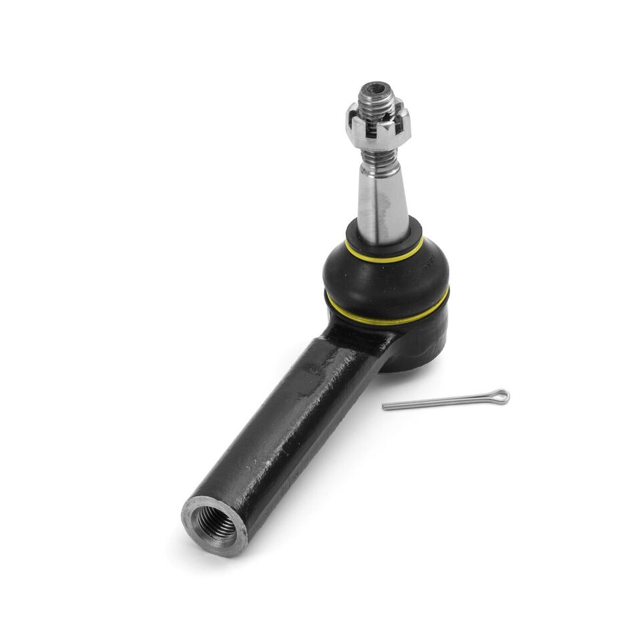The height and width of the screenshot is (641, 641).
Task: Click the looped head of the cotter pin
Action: (x=501, y=396)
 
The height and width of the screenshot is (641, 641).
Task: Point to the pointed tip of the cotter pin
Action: (x=386, y=406)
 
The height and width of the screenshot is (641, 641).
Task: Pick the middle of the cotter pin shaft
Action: (x=444, y=401)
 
